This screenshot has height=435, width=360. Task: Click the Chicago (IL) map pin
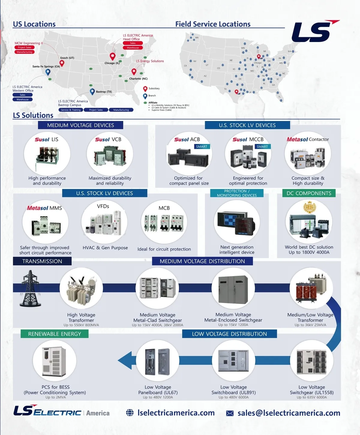(112, 56)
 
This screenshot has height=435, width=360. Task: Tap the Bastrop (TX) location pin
(92, 91)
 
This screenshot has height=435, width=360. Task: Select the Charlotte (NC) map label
(138, 79)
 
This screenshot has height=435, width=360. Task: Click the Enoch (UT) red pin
(62, 63)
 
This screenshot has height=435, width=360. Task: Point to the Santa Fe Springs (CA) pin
(48, 72)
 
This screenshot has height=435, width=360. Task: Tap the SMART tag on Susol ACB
(202, 147)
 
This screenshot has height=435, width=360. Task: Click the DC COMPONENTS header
(309, 193)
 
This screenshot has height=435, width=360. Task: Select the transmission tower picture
(30, 288)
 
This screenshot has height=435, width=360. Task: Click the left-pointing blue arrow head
(125, 360)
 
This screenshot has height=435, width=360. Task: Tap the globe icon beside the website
(130, 413)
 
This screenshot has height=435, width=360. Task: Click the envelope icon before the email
(230, 413)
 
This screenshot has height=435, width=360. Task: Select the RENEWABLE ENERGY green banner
(55, 334)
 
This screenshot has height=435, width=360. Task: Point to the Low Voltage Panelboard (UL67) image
(157, 361)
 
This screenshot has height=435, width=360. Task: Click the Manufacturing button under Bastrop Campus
(121, 110)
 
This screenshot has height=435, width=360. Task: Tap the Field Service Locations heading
(213, 24)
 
